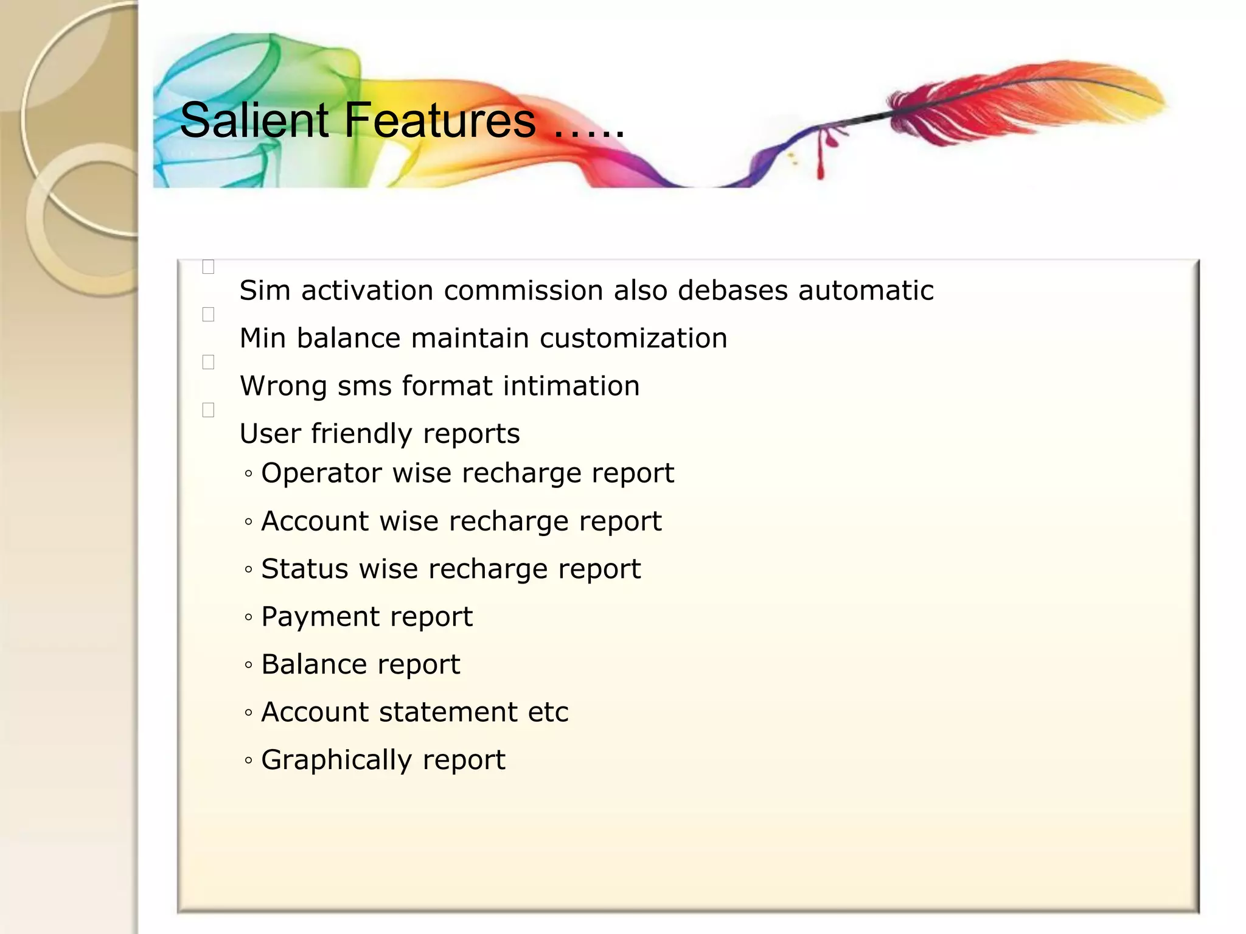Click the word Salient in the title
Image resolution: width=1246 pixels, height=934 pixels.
[254, 120]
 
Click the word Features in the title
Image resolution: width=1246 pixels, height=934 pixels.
[440, 120]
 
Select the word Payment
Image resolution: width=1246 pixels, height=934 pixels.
[319, 617]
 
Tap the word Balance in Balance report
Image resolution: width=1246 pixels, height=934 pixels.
[313, 664]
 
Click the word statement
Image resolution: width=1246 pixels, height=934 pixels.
[448, 713]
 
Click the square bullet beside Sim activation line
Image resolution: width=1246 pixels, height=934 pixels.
[208, 267]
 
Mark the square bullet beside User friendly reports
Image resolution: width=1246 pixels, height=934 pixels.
[208, 411]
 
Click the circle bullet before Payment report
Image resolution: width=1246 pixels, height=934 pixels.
[248, 618]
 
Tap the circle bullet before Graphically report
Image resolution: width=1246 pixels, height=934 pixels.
[248, 761]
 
